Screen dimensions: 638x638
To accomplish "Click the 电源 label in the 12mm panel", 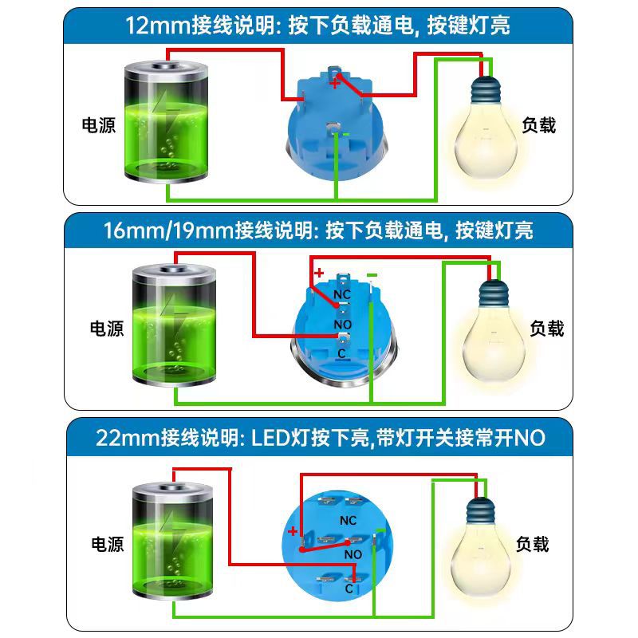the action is pyautogui.click(x=99, y=125).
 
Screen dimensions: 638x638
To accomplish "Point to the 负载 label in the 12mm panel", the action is pyautogui.click(x=538, y=125).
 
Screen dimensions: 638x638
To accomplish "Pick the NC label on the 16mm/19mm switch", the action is pyautogui.click(x=342, y=295).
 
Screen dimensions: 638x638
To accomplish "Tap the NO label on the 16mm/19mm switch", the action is pyautogui.click(x=342, y=325).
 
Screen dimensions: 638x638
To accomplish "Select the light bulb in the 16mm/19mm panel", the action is pyautogui.click(x=490, y=331).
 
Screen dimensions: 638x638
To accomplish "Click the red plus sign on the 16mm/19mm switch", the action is pyautogui.click(x=319, y=274).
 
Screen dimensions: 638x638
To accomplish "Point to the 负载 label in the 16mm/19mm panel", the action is pyautogui.click(x=547, y=328).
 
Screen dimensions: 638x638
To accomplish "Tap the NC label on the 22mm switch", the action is pyautogui.click(x=348, y=520).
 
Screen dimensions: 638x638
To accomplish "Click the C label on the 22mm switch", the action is pyautogui.click(x=349, y=589).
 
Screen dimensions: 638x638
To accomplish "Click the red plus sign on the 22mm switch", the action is pyautogui.click(x=293, y=531).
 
